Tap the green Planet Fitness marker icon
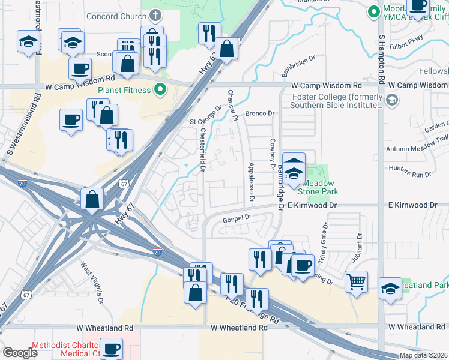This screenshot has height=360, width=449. click(x=160, y=91)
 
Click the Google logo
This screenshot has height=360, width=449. click(x=20, y=353)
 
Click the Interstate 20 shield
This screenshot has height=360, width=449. click(x=157, y=253)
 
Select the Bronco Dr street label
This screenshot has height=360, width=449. click(x=259, y=113)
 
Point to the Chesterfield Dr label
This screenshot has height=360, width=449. click(x=203, y=151)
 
